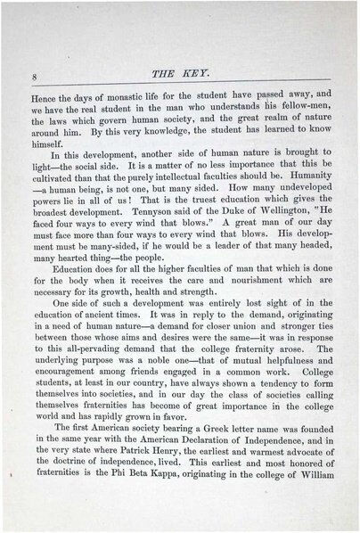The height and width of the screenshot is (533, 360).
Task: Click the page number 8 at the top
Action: click(33, 76)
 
